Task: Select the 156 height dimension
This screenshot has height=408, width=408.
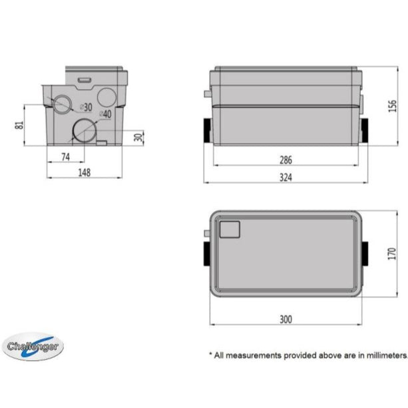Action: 392,106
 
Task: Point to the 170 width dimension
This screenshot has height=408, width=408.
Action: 392,253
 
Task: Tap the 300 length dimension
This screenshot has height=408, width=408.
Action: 286,319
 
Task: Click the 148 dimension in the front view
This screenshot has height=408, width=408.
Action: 83,172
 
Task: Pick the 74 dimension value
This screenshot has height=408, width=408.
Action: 65,156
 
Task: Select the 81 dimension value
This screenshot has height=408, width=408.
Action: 19,124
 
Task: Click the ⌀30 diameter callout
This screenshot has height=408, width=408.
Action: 85,107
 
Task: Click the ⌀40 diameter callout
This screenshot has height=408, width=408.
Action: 106,115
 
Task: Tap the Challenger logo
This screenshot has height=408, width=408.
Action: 34,347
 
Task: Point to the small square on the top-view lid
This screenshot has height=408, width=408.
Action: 230,229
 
